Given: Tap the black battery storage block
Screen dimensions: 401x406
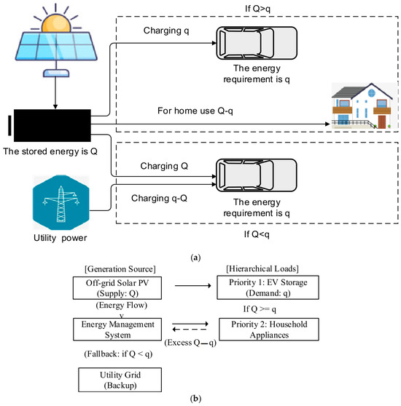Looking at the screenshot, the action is (x=52, y=125).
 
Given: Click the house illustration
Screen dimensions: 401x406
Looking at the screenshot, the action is (x=362, y=106).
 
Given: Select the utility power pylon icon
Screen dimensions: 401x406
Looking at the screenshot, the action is (x=61, y=202).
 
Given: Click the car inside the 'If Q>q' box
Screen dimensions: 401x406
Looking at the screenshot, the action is (x=257, y=43).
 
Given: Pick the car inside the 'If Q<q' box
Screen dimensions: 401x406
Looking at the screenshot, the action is (x=257, y=175).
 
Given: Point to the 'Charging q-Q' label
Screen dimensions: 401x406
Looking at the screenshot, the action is (x=159, y=199).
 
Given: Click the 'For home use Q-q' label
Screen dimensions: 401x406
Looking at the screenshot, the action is (x=195, y=111).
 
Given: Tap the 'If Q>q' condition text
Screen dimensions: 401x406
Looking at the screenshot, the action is (x=257, y=9).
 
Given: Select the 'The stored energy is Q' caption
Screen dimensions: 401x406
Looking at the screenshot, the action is (x=50, y=151).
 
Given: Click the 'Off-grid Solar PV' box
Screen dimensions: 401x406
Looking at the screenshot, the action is (x=117, y=288).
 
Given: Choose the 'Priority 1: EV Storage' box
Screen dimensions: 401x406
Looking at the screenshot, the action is (x=268, y=287).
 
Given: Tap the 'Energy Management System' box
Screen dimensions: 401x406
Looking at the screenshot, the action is (x=117, y=330).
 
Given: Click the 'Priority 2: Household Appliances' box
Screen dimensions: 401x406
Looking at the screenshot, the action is (x=269, y=330).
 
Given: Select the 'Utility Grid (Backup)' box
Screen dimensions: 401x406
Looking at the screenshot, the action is (x=120, y=380).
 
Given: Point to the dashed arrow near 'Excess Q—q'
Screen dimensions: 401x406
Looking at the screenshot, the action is (x=190, y=330).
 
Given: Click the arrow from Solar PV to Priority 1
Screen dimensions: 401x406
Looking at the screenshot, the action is (x=193, y=286).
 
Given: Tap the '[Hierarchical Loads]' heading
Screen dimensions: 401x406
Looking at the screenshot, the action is (x=262, y=268).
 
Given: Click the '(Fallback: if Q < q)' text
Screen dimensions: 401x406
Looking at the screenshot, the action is (x=118, y=354).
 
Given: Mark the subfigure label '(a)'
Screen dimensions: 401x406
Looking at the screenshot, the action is (x=195, y=258).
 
